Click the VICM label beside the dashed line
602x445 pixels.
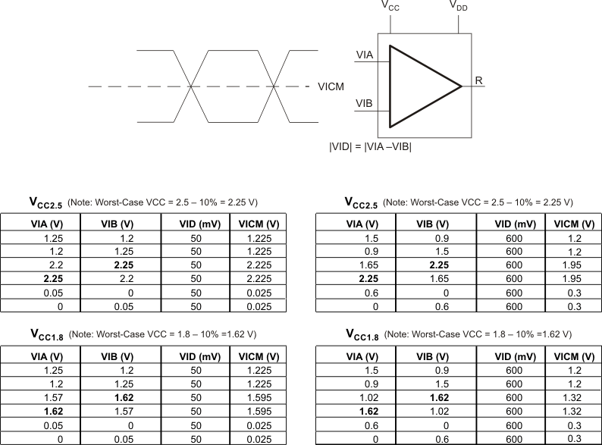point(331,87)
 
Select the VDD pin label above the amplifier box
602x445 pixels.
point(459,7)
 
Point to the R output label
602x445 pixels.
point(478,80)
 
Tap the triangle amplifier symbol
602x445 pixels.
point(417,86)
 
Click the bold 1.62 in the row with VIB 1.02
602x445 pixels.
point(368,411)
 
